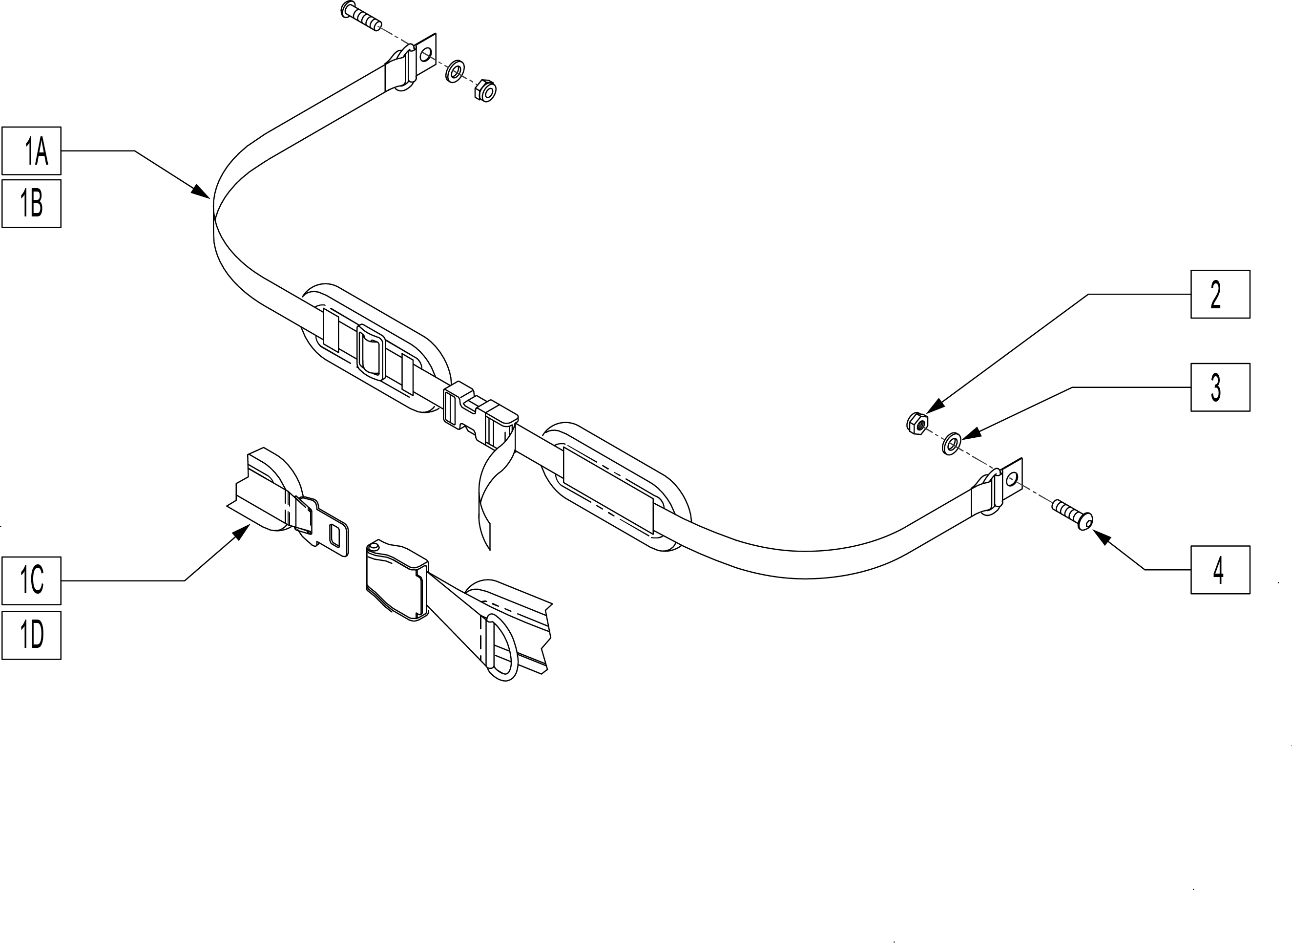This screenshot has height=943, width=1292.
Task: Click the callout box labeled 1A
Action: pyautogui.click(x=31, y=150)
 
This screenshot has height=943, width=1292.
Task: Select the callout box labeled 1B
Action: pyautogui.click(x=31, y=204)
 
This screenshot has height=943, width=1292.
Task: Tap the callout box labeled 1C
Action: pyautogui.click(x=31, y=580)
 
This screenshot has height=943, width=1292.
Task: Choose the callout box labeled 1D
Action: pyautogui.click(x=31, y=636)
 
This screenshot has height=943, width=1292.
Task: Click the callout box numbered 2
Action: pyautogui.click(x=1220, y=294)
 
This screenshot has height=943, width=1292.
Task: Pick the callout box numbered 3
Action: pyautogui.click(x=1220, y=387)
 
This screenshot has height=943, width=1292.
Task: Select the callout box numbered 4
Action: pyautogui.click(x=1220, y=570)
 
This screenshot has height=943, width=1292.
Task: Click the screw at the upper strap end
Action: pyautogui.click(x=361, y=16)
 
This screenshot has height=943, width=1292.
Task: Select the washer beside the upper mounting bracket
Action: pyautogui.click(x=455, y=71)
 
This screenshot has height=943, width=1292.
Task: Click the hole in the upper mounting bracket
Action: pyautogui.click(x=425, y=55)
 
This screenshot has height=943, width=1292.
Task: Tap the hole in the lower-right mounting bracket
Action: pyautogui.click(x=1013, y=478)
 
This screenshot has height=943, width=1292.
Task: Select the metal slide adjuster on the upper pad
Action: pyautogui.click(x=371, y=352)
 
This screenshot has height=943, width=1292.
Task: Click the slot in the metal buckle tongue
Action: pyautogui.click(x=335, y=536)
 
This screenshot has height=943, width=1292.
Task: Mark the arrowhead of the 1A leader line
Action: pyautogui.click(x=200, y=191)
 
